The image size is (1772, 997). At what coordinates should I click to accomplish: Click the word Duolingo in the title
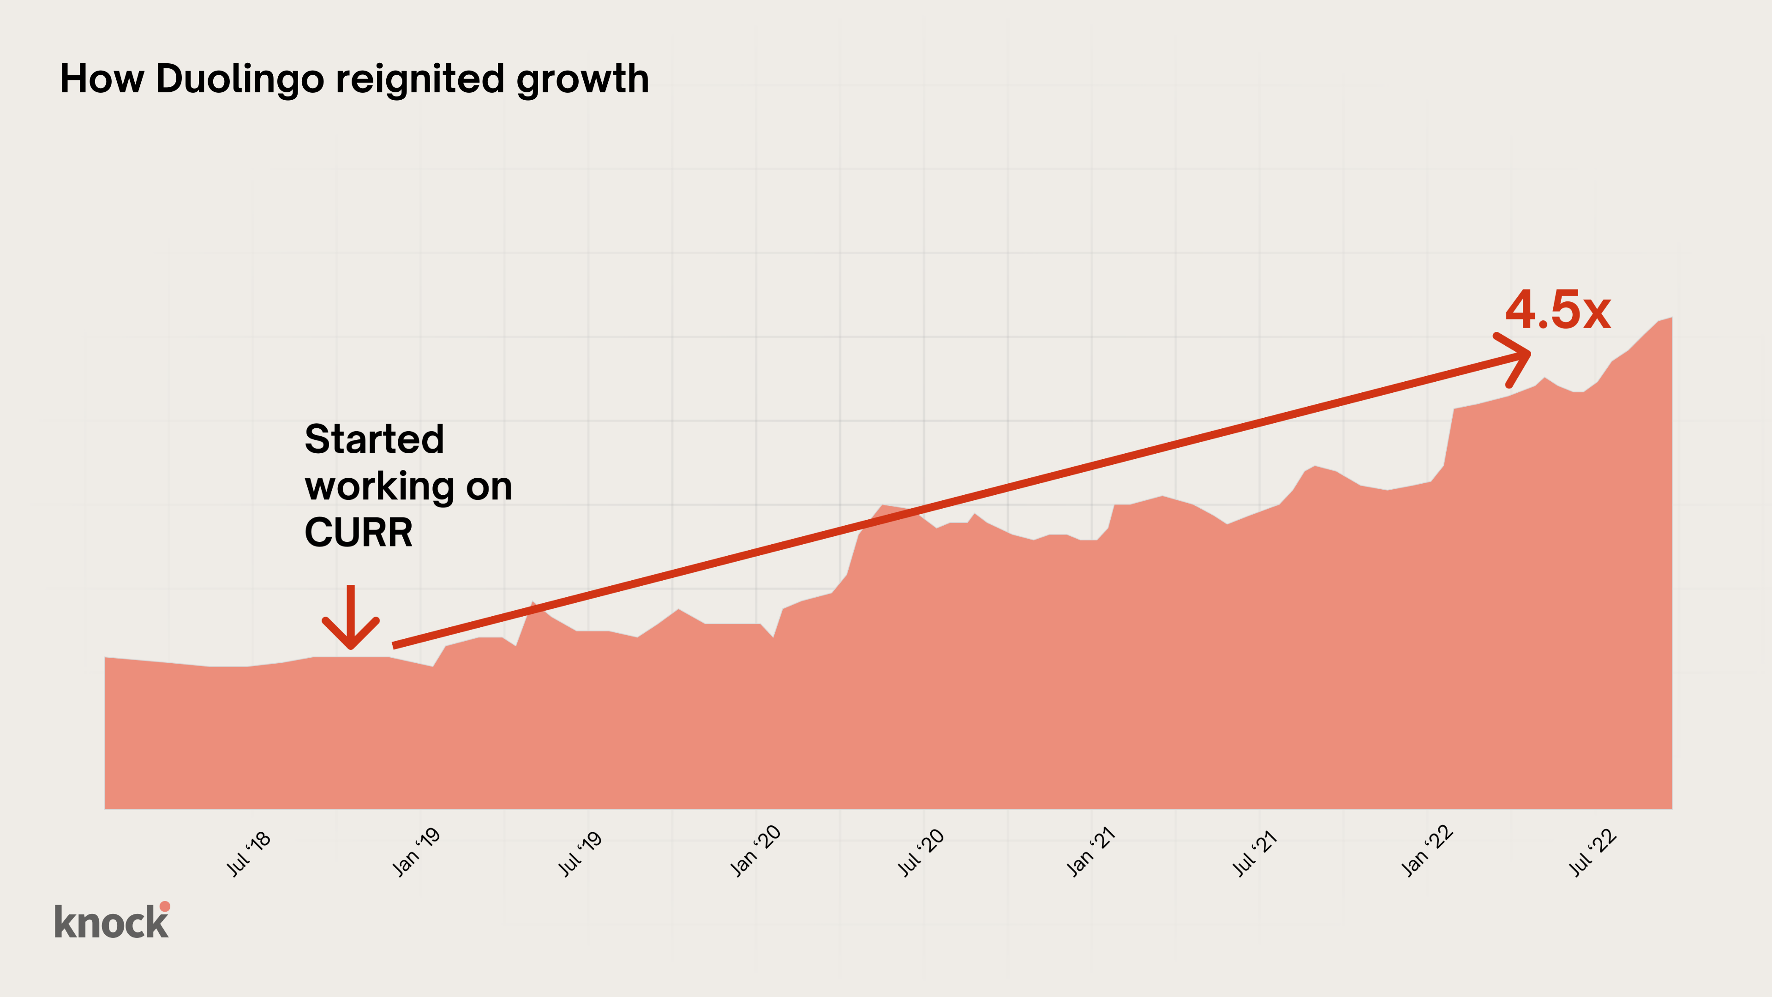point(240,79)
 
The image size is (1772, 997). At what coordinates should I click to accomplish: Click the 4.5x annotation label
point(1557,310)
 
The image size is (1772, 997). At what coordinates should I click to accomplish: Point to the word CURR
point(359,533)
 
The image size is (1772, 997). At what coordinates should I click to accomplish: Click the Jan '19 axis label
point(416,853)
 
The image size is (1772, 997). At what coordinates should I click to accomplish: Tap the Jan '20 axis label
point(755,851)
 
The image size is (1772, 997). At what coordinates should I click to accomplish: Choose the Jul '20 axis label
point(921,853)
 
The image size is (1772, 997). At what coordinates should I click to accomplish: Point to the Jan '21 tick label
point(1091,853)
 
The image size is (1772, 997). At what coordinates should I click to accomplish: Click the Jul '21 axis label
point(1255,853)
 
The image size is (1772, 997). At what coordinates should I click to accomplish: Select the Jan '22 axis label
point(1428,851)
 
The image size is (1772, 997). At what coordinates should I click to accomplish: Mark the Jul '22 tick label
point(1592,853)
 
